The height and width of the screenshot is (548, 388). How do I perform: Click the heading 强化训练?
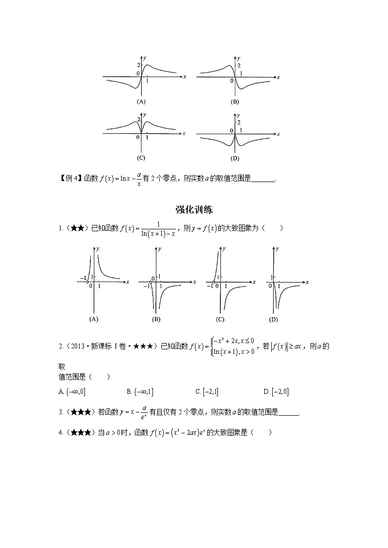click(194, 210)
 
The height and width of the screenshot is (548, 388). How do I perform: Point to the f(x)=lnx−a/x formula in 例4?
click(121, 179)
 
